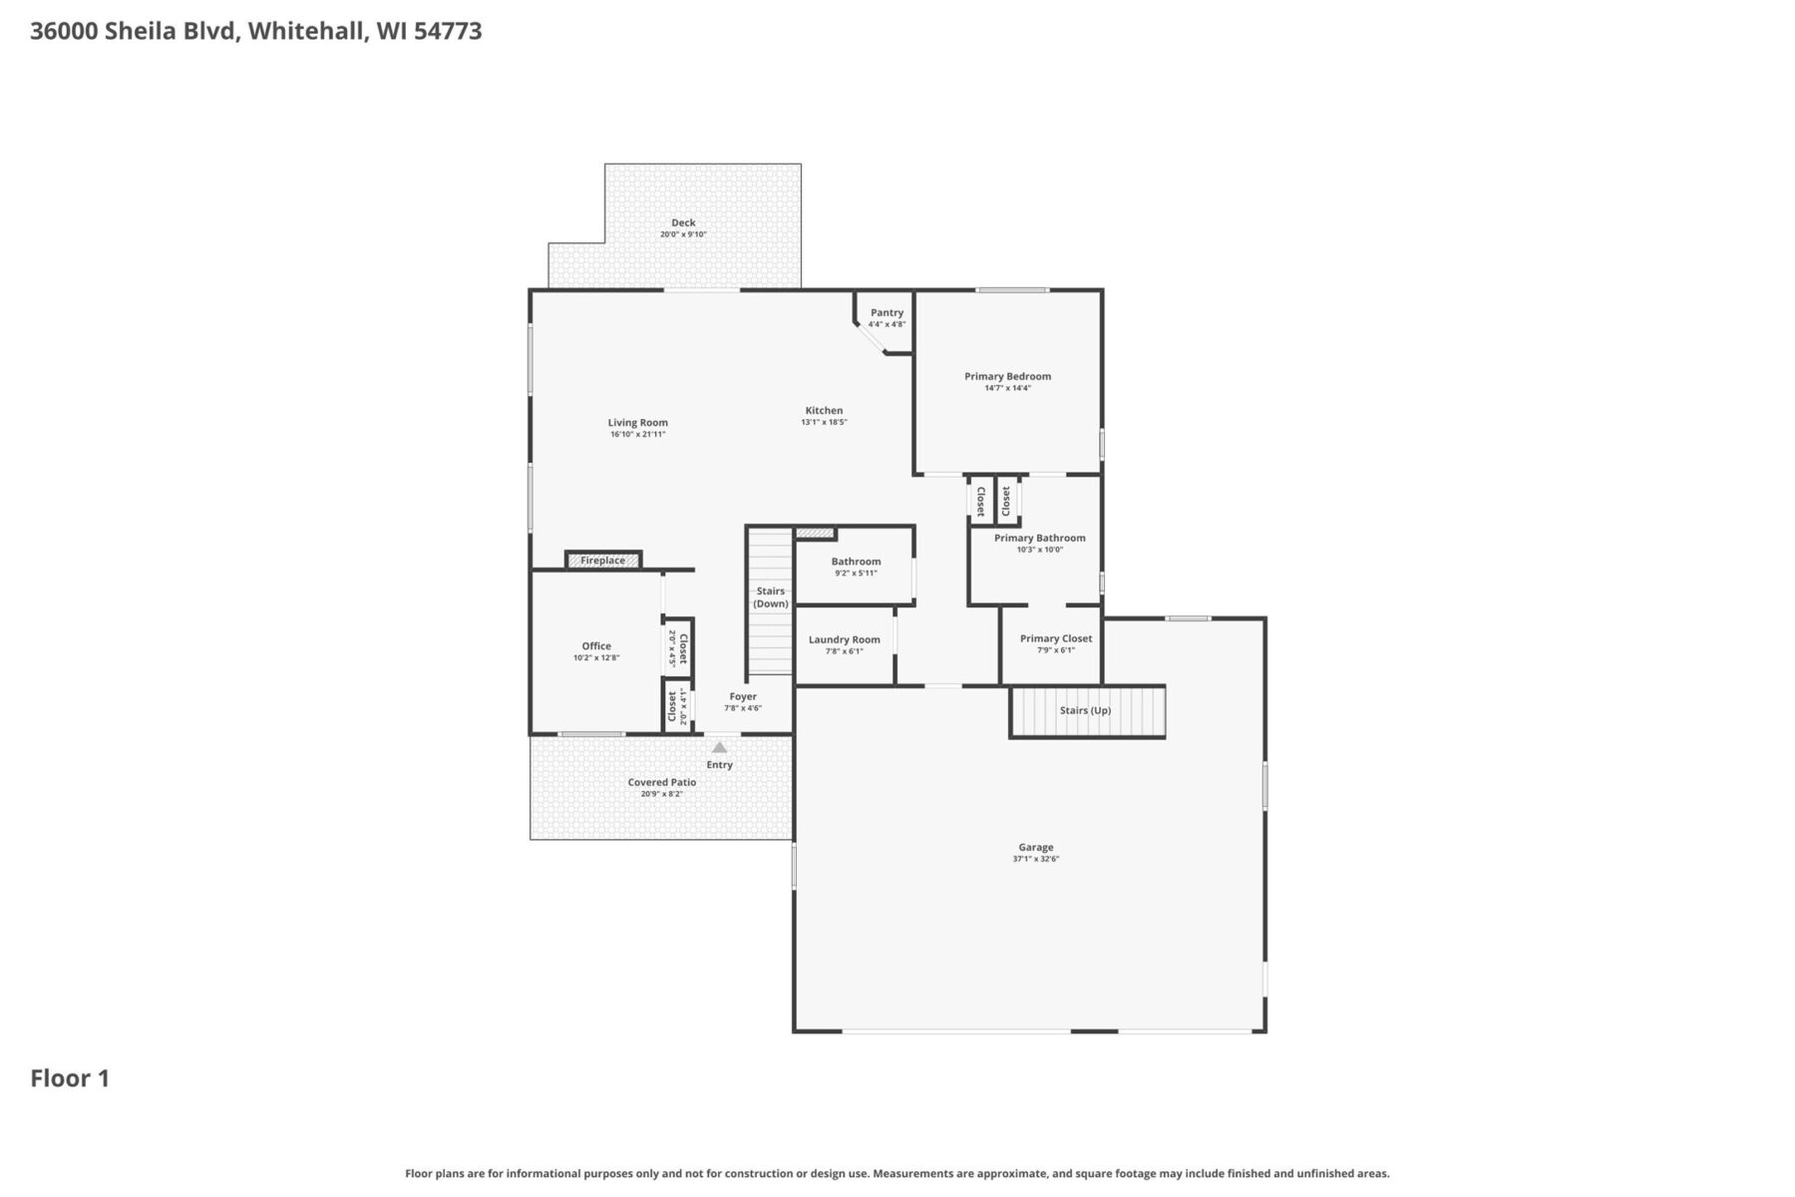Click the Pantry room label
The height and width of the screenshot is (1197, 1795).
(x=887, y=312)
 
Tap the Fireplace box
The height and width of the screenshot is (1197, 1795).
(x=603, y=561)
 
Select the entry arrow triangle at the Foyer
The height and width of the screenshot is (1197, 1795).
(x=719, y=747)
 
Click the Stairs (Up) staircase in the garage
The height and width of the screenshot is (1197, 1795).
(x=1087, y=711)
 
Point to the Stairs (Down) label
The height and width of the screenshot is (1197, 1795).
(x=770, y=598)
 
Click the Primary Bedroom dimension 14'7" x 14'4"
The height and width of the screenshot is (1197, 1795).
(x=1007, y=388)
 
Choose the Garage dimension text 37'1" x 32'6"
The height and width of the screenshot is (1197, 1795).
(x=1035, y=859)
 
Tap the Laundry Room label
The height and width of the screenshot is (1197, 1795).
(x=844, y=639)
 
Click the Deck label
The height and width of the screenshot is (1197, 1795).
(x=683, y=222)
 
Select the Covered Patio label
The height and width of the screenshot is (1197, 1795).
(x=661, y=782)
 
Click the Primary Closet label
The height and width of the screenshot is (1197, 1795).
(x=1055, y=638)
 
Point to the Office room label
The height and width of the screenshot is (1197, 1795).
(x=596, y=645)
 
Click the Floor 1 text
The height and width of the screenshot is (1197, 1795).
(x=70, y=1078)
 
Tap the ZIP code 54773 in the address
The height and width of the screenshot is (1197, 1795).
(x=448, y=31)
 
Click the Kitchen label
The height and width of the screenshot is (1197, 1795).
(x=824, y=410)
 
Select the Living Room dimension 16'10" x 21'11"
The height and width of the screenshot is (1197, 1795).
(x=637, y=435)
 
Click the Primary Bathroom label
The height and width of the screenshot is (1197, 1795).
(x=1039, y=538)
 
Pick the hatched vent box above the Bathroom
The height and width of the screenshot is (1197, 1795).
(x=814, y=534)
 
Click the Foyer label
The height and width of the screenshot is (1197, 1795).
(x=743, y=696)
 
